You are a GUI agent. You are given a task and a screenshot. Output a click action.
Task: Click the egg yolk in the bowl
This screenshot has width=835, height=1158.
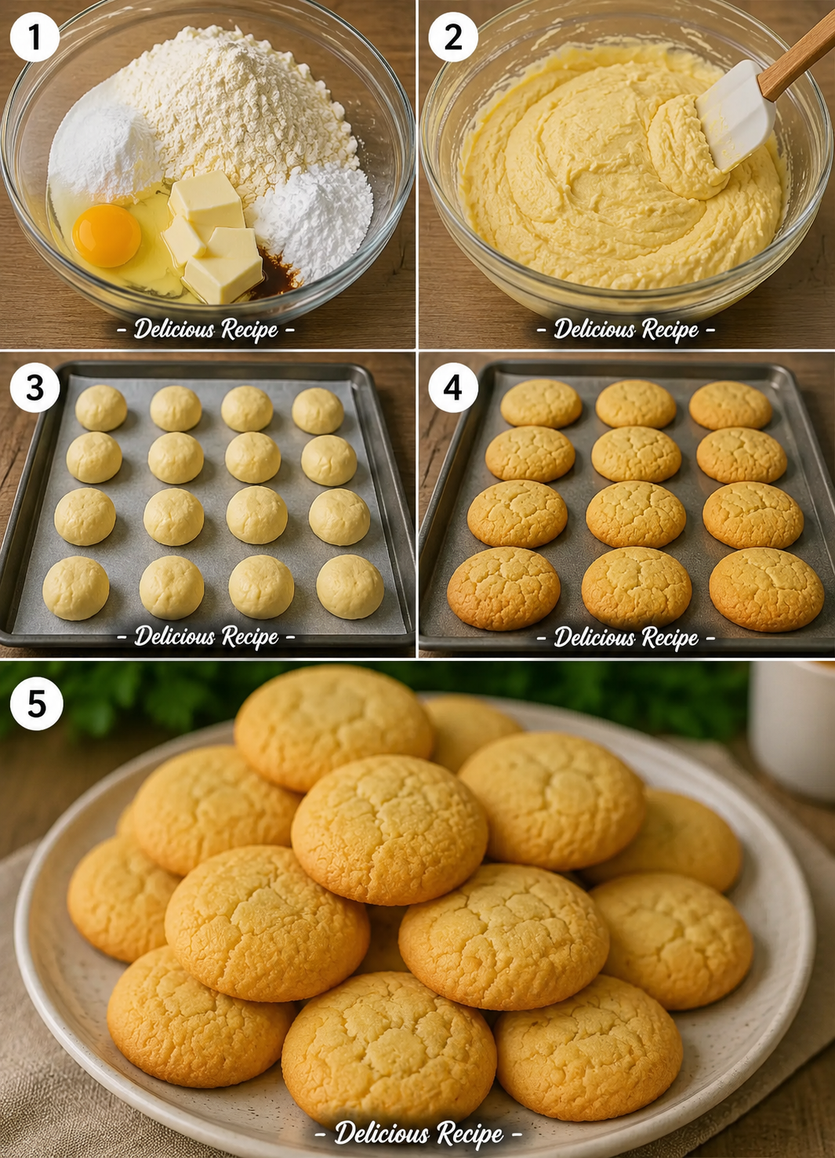pyautogui.click(x=107, y=235)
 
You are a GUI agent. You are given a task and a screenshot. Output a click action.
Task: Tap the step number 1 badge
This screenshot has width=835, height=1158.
pyautogui.click(x=34, y=37)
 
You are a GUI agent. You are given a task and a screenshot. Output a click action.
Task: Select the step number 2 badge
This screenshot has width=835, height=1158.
pyautogui.click(x=453, y=37)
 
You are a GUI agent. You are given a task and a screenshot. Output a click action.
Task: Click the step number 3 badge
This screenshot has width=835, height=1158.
pyautogui.click(x=34, y=388)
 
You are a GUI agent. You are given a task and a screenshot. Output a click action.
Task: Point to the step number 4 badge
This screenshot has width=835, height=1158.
pyautogui.click(x=453, y=388)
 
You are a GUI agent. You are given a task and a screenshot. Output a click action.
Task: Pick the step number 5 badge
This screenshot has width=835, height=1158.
pyautogui.click(x=37, y=703)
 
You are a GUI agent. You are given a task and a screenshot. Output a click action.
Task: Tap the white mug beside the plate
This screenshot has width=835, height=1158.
pyautogui.click(x=793, y=729)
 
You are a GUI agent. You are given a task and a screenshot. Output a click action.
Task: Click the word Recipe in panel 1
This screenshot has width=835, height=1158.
pyautogui.click(x=250, y=329)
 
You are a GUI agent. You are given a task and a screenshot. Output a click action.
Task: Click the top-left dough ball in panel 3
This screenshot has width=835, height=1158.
pyautogui.click(x=101, y=408)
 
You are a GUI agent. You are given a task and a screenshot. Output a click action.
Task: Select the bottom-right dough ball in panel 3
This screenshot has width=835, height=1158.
pyautogui.click(x=350, y=586)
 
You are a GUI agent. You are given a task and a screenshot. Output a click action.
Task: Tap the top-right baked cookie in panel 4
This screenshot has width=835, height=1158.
pyautogui.click(x=731, y=405)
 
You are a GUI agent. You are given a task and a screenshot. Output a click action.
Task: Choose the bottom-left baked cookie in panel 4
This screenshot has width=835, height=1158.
pyautogui.click(x=503, y=589)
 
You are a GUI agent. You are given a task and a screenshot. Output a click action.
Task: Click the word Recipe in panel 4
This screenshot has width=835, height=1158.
pyautogui.click(x=670, y=637)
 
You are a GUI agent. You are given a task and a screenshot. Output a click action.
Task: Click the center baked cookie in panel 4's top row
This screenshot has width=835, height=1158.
pyautogui.click(x=636, y=405)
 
